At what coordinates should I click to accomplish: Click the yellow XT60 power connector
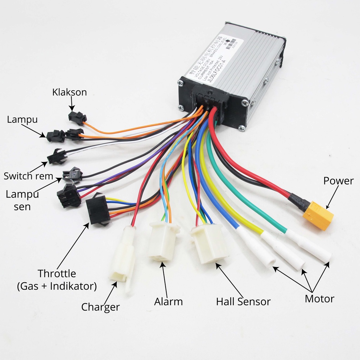pos(318,215)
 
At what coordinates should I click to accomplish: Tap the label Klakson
pos(69,92)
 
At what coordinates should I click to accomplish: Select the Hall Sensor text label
pos(243,301)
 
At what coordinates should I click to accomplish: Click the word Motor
pos(319,299)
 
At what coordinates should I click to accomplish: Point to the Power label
pos(338,181)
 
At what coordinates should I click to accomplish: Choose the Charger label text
pos(101,307)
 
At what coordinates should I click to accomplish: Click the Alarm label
pos(168,301)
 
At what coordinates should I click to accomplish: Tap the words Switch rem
pos(28,176)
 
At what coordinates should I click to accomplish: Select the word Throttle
pos(57,273)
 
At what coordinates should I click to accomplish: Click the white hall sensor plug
pos(210,243)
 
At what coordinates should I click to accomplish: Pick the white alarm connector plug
pos(162,241)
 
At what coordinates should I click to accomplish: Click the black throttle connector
pos(98,210)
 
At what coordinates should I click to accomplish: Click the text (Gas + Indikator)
pos(57,286)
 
